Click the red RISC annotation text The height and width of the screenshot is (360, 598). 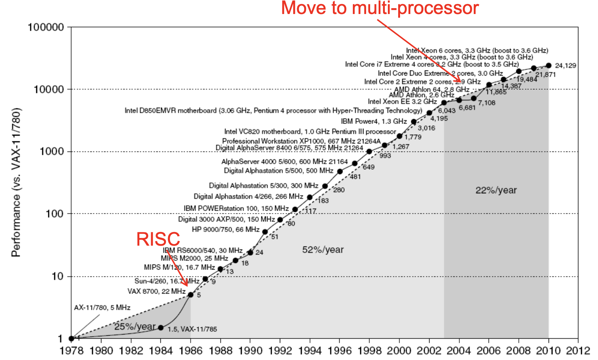(158, 239)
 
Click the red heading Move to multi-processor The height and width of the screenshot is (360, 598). (380, 8)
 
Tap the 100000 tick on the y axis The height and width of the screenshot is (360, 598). (46, 27)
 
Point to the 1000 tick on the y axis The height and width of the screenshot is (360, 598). (52, 152)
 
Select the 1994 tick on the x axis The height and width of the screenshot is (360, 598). (310, 350)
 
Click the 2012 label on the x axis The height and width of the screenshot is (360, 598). (578, 350)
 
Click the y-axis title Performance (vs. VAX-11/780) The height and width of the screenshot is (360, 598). (16, 182)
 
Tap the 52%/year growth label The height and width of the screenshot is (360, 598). (323, 250)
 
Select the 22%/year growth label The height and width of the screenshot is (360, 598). (496, 190)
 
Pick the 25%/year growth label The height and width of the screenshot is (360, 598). (135, 326)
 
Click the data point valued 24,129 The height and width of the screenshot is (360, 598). (549, 65)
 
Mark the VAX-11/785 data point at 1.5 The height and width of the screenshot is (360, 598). (161, 328)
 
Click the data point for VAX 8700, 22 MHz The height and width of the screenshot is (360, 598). (191, 295)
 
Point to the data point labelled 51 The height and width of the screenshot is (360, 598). (265, 232)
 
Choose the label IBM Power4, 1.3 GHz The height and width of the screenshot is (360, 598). (373, 121)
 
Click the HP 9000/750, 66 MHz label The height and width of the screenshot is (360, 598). (225, 229)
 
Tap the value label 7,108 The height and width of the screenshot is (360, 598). (487, 103)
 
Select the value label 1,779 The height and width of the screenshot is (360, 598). (413, 137)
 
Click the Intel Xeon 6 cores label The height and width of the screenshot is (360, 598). (477, 51)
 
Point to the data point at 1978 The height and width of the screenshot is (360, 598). (72, 338)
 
